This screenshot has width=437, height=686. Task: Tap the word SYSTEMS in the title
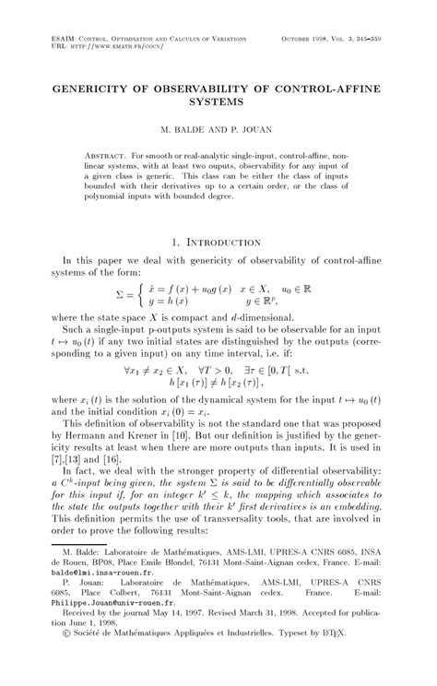point(218,98)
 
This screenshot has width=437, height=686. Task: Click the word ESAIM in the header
point(68,38)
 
